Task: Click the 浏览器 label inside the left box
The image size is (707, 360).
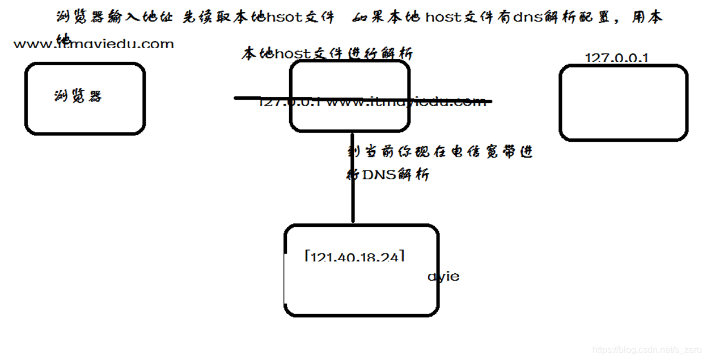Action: [x=78, y=96]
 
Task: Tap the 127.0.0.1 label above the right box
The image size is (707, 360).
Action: [x=616, y=58]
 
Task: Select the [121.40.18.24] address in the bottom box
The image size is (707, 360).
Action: [x=355, y=257]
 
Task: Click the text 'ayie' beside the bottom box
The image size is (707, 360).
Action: [x=443, y=277]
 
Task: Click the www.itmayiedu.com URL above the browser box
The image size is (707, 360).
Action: [x=94, y=44]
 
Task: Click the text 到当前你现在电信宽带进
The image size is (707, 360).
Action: [x=440, y=152]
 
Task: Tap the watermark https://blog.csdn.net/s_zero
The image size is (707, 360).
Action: [x=647, y=350]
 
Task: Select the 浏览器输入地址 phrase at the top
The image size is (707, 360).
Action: [x=116, y=18]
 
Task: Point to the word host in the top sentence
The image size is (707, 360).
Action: [x=444, y=18]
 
